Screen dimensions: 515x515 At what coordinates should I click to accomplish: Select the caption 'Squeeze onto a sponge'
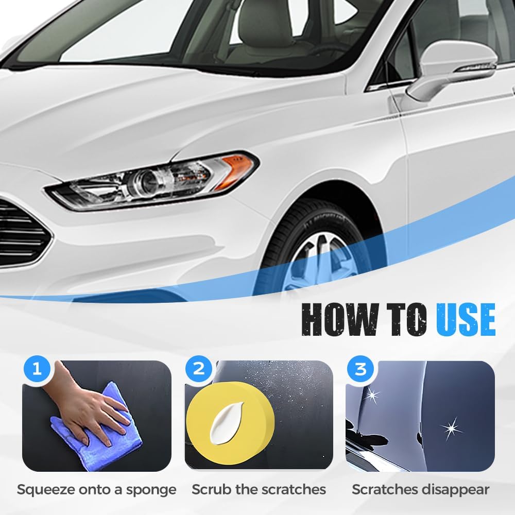pyautogui.click(x=97, y=489)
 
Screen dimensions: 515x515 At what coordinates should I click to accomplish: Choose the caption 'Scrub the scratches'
pyautogui.click(x=259, y=489)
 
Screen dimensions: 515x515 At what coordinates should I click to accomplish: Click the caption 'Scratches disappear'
pyautogui.click(x=420, y=489)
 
